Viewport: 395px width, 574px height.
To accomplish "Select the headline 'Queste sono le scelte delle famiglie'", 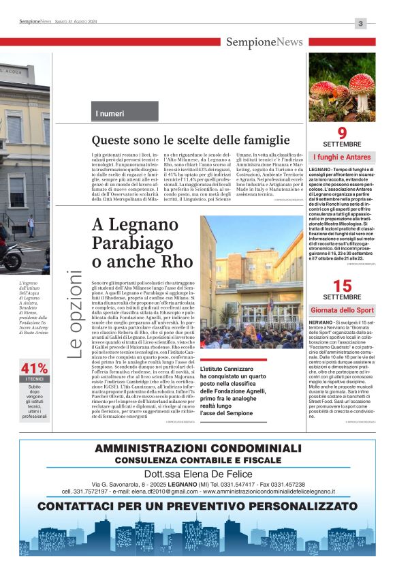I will (x=181, y=140).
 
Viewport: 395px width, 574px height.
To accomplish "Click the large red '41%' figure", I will (x=33, y=368).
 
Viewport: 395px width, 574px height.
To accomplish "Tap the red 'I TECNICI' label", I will (x=33, y=379).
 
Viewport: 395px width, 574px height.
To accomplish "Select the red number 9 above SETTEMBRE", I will (x=342, y=133).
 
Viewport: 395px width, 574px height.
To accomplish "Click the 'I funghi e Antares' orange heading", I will (x=342, y=157).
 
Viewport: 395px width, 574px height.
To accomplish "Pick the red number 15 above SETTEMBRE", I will (x=342, y=286).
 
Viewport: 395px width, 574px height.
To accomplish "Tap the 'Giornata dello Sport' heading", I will (x=342, y=310).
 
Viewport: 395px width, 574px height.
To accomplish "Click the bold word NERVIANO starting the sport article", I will (x=322, y=321).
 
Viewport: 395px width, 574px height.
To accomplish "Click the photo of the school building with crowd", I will (x=251, y=282).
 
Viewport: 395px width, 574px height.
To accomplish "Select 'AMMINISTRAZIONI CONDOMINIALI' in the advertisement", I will (x=197, y=448).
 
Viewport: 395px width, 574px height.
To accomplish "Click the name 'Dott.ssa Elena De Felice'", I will (x=197, y=475).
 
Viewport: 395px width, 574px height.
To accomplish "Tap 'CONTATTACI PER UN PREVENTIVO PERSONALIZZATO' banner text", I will (x=197, y=507).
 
